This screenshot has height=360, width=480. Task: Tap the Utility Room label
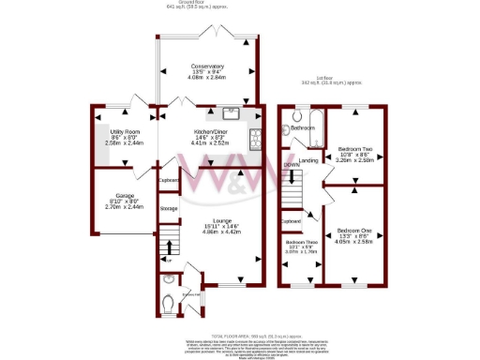125,131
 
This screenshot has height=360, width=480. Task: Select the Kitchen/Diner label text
211,131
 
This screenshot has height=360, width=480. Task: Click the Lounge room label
210,219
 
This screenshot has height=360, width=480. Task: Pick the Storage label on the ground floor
169,208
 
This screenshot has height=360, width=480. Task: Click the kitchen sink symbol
234,117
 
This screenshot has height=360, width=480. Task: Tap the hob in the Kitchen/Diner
254,140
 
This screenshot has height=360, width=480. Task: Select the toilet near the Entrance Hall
168,304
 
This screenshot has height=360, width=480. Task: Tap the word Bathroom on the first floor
302,127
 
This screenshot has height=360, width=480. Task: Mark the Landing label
308,161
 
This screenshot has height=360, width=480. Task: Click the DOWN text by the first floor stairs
291,164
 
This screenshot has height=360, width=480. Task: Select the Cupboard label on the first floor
290,222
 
